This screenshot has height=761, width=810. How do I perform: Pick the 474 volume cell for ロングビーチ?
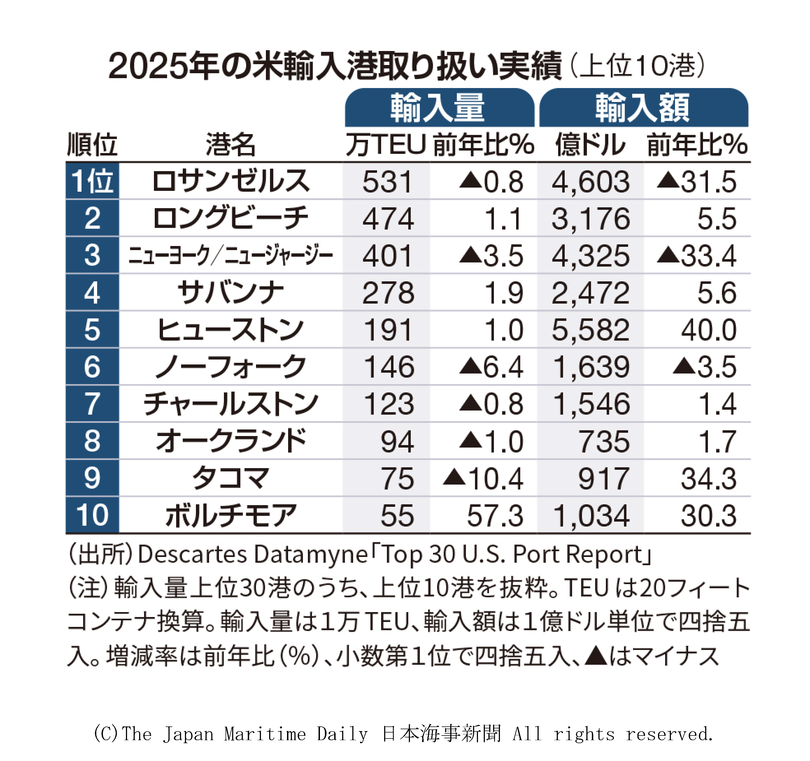point(388,219)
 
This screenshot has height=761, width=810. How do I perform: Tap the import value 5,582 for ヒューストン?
point(590,330)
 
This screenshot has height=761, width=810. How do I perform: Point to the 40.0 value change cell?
point(708,330)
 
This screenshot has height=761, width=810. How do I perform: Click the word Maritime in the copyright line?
point(265,734)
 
